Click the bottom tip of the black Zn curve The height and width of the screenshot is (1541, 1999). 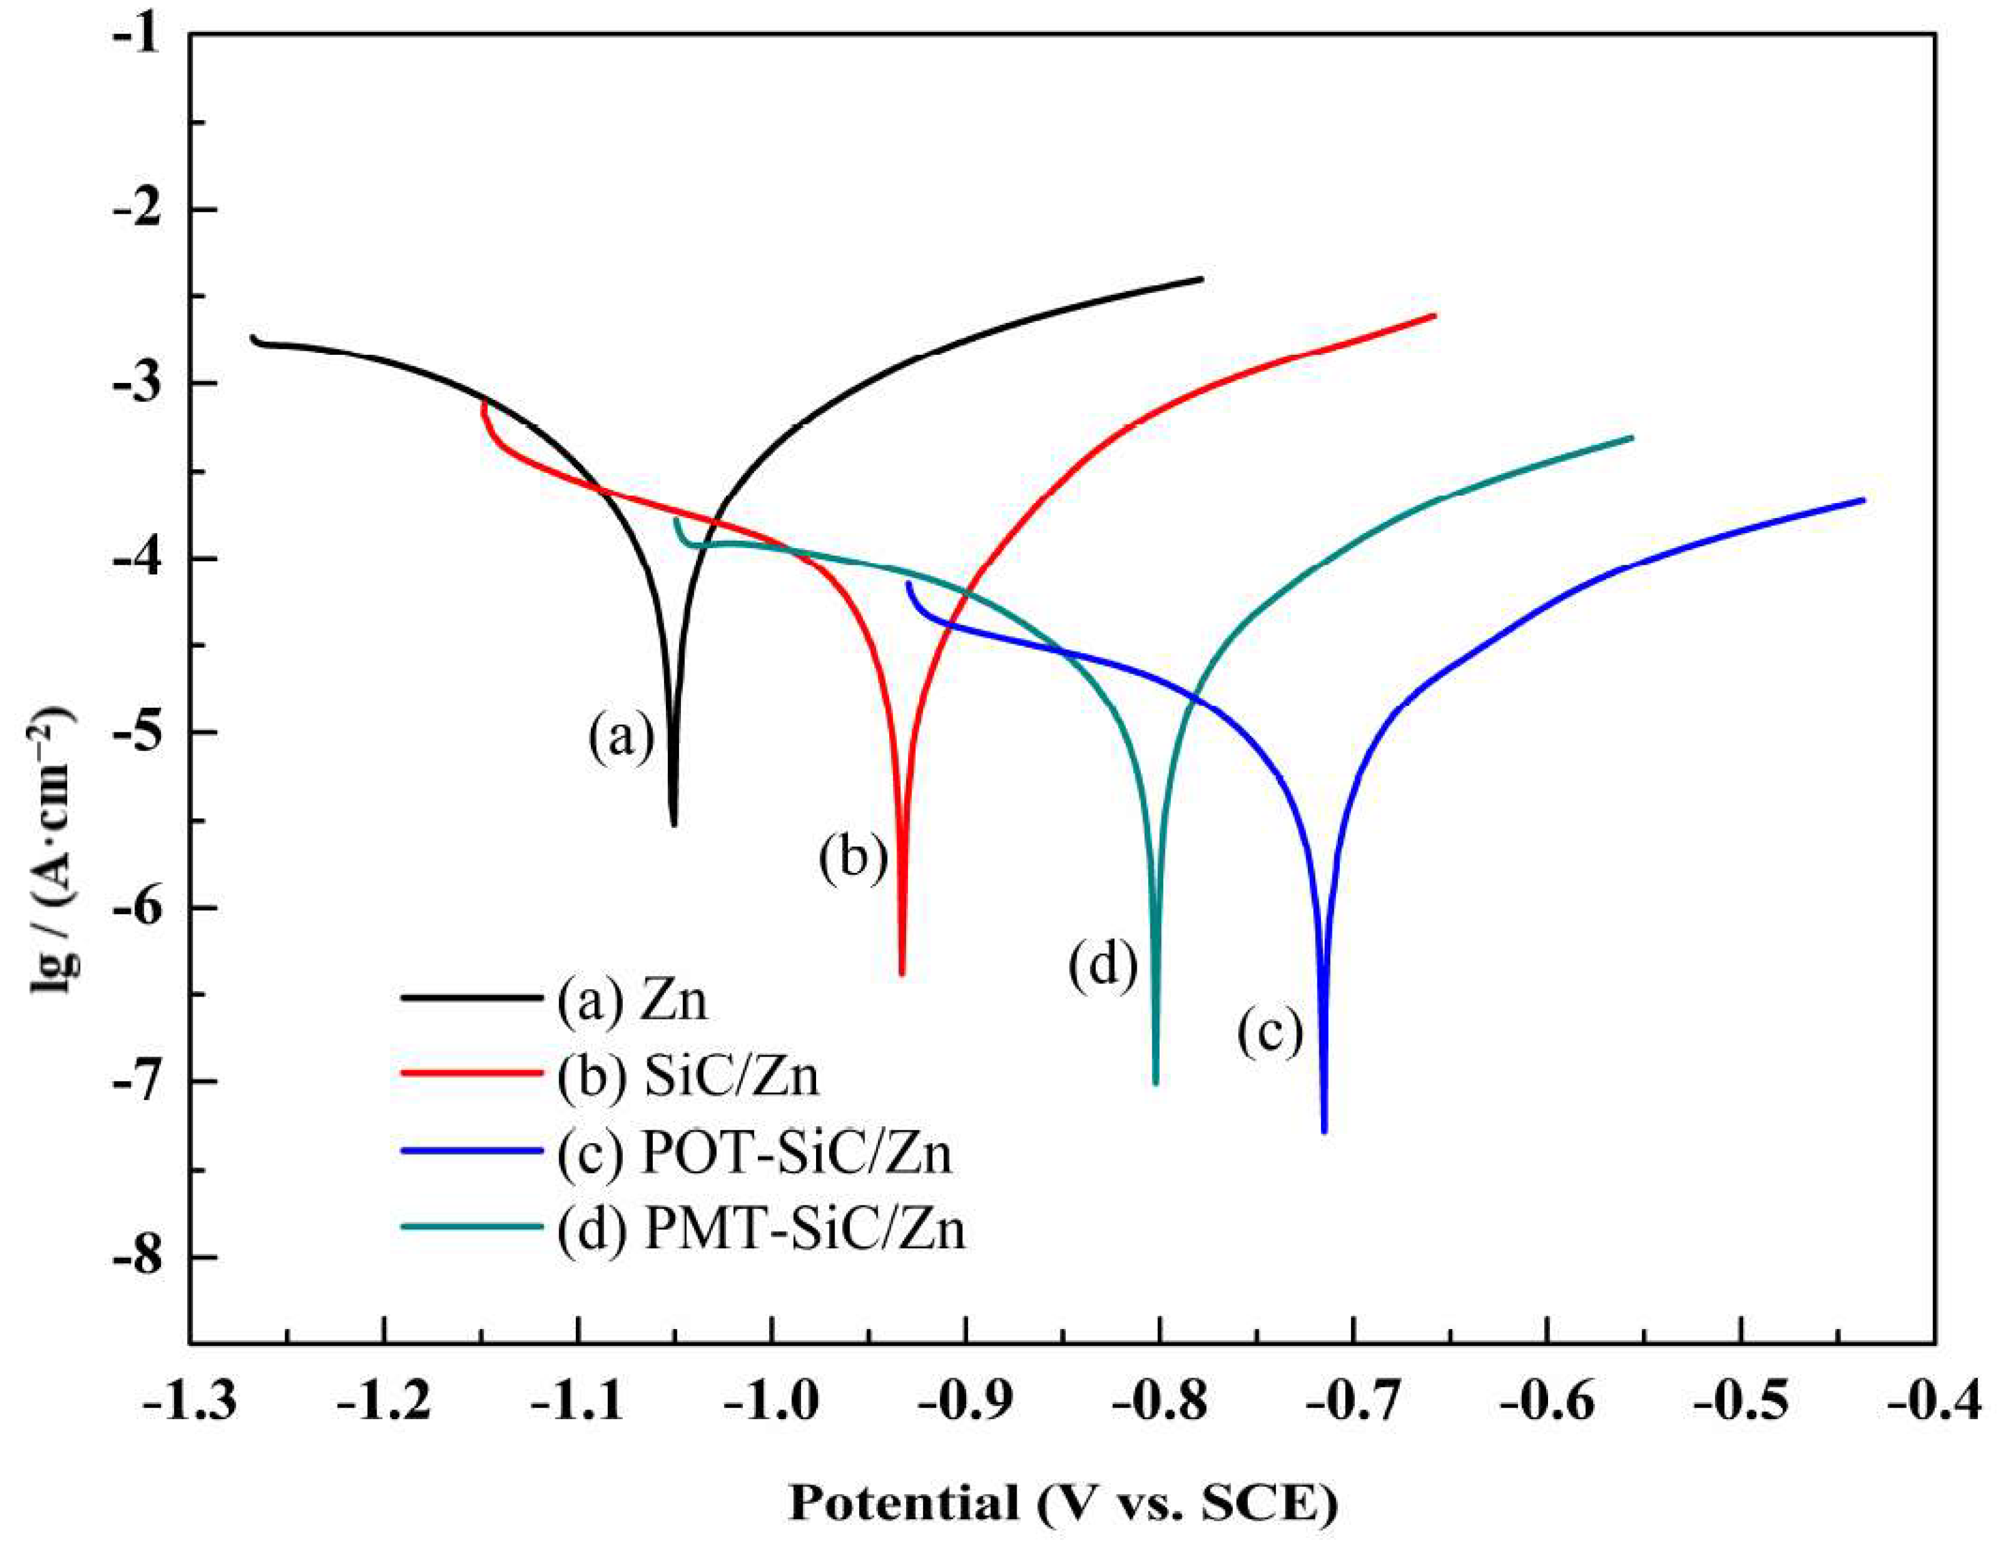point(674,824)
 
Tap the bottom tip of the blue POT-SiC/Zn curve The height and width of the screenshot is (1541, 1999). point(1323,1131)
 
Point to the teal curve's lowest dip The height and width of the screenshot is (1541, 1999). point(1156,1082)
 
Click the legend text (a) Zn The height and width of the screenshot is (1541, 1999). point(632,1001)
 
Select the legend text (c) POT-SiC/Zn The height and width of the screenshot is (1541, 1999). point(754,1154)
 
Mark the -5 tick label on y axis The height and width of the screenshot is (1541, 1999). point(138,732)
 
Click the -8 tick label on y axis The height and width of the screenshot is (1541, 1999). point(138,1256)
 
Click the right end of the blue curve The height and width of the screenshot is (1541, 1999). point(1863,499)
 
